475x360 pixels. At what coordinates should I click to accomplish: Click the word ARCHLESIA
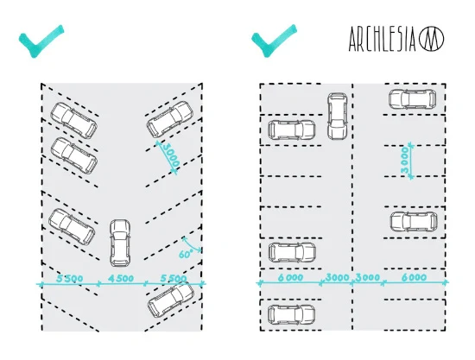click(383, 39)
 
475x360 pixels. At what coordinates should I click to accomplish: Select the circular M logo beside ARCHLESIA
click(431, 39)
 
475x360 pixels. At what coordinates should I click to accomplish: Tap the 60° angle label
click(186, 255)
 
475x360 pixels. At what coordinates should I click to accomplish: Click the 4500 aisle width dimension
click(121, 278)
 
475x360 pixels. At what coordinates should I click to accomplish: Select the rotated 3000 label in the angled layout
click(171, 155)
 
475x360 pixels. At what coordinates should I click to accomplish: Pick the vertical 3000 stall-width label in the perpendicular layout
click(405, 160)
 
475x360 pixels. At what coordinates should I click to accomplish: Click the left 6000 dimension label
click(290, 277)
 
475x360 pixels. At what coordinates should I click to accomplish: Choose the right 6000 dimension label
click(414, 277)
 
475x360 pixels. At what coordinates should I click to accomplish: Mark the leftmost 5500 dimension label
click(70, 278)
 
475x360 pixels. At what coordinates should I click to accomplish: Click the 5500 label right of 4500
click(174, 278)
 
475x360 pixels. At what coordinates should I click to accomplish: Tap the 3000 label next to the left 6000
click(337, 277)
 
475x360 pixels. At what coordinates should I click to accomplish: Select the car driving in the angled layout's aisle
click(120, 243)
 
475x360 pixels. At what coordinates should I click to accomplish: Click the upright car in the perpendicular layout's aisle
click(337, 117)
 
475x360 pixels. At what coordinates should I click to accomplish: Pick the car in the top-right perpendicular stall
click(412, 99)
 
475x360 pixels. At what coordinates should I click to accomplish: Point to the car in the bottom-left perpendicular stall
click(291, 314)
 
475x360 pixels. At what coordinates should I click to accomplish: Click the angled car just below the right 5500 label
click(171, 300)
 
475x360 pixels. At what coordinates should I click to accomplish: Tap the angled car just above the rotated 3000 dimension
click(170, 119)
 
